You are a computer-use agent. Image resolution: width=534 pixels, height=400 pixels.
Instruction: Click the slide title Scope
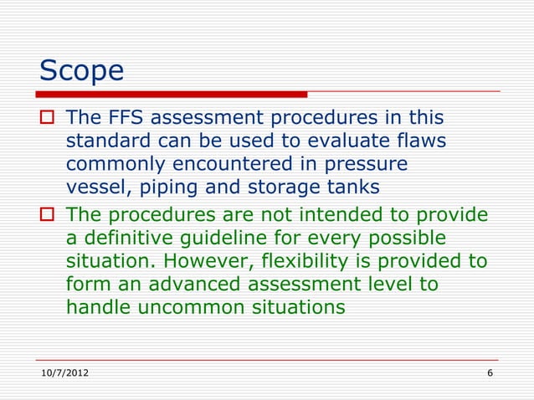click(82, 70)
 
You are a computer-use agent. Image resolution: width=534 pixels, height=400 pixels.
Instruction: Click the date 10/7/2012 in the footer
click(64, 372)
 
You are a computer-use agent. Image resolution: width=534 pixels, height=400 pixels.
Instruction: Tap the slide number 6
click(490, 372)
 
